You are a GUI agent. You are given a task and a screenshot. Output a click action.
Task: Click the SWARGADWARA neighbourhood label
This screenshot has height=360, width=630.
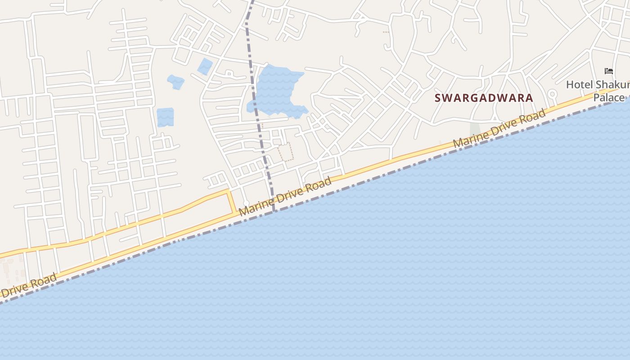pyautogui.click(x=484, y=98)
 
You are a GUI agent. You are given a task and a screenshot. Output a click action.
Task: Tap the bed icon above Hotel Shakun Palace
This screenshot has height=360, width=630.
pyautogui.click(x=609, y=71)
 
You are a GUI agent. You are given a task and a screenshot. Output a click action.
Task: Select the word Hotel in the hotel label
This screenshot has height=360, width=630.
pyautogui.click(x=579, y=85)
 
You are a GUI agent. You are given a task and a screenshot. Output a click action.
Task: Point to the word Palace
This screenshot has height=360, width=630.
pyautogui.click(x=609, y=98)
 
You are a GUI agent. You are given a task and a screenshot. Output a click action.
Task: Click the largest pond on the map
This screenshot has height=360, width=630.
pyautogui.click(x=274, y=90)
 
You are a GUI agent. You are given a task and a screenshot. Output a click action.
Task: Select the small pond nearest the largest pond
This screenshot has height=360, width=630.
pyautogui.click(x=205, y=66)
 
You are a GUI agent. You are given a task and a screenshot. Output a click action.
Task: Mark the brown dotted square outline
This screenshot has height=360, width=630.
pyautogui.click(x=286, y=152)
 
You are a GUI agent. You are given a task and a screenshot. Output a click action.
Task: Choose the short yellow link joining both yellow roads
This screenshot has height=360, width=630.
pyautogui.click(x=232, y=202)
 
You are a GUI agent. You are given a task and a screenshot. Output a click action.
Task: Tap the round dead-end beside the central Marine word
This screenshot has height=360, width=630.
pyautogui.click(x=246, y=203)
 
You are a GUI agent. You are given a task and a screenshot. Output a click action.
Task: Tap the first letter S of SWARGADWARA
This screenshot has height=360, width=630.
pyautogui.click(x=438, y=98)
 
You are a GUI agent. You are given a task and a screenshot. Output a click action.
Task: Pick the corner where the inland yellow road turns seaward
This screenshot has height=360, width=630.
pyautogui.click(x=229, y=191)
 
